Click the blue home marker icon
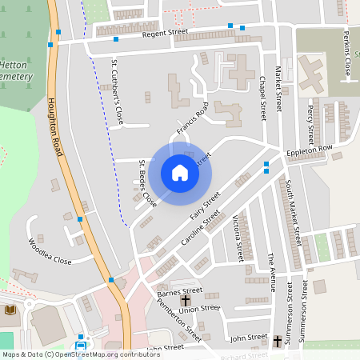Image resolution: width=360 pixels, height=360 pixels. [x=180, y=172]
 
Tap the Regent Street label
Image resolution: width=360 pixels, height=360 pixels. [x=165, y=33]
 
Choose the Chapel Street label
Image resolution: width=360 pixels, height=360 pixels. [x=262, y=94]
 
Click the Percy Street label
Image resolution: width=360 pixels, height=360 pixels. [x=310, y=121]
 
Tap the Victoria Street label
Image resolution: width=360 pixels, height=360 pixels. [x=238, y=238]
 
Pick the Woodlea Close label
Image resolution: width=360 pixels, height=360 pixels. [x=50, y=251]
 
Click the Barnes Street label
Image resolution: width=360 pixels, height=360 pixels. [x=181, y=292]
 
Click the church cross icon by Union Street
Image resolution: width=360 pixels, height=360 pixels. [x=186, y=302]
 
